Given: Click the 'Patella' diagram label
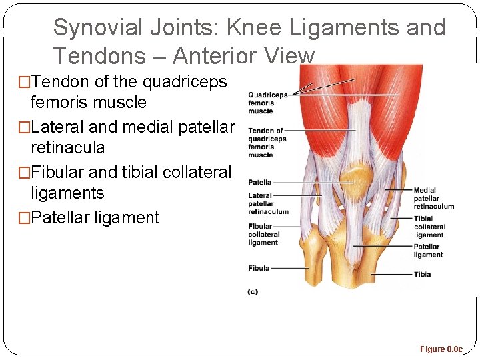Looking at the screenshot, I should point(260,182).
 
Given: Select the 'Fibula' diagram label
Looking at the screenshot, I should point(259,268).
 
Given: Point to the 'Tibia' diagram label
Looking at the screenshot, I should point(422,274).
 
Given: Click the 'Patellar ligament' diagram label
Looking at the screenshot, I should point(427,251).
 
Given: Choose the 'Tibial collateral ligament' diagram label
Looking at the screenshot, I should point(429,227).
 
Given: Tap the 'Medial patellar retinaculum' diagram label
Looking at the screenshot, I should point(433,198).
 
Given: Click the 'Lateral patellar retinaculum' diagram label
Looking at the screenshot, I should point(268,204).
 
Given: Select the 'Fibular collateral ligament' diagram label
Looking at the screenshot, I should point(264,235).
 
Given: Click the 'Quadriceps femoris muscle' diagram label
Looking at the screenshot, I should point(267,103).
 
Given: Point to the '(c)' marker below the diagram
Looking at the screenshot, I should point(253,291).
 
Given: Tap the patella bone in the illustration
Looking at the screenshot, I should point(356,178).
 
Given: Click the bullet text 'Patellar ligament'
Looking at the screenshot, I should point(95,218).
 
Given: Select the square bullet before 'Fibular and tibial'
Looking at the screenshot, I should point(24,173).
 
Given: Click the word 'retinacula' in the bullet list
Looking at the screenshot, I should point(67,147).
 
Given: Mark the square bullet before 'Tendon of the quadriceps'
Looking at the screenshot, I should point(24,82).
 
